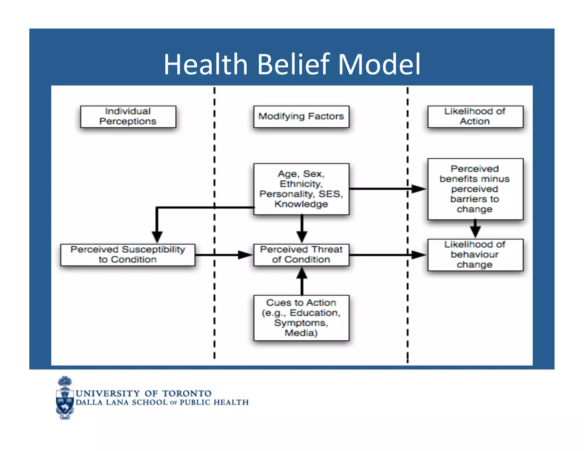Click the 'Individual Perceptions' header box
click(128, 117)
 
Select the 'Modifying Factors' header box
click(301, 117)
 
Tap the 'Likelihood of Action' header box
click(475, 117)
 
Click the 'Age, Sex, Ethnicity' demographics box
click(301, 189)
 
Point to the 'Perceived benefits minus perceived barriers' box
click(475, 189)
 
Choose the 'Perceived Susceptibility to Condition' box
click(128, 255)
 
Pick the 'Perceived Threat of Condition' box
click(301, 255)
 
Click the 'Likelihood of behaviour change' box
click(475, 255)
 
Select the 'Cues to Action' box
click(301, 318)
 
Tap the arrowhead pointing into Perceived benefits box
click(419, 189)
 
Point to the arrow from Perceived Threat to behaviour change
click(388, 255)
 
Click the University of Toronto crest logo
click(65, 398)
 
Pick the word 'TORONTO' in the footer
click(187, 393)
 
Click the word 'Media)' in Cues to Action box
click(301, 333)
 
